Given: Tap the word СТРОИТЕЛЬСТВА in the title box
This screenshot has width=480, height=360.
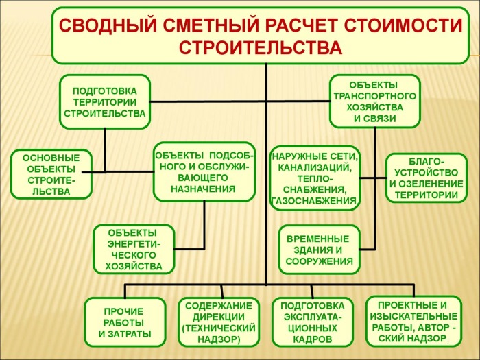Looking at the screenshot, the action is (261, 48).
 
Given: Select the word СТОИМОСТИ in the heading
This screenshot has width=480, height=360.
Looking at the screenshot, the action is (403, 26).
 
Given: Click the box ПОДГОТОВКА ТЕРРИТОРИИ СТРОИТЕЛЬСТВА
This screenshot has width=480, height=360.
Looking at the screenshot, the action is (105, 102).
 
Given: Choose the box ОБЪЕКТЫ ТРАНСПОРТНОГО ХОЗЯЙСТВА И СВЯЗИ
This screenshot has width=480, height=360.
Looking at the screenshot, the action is (374, 101).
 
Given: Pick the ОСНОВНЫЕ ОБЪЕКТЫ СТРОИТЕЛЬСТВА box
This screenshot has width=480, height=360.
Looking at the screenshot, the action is (51, 174).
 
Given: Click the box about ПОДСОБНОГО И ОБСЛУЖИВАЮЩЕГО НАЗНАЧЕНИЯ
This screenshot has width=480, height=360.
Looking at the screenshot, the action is (204, 171).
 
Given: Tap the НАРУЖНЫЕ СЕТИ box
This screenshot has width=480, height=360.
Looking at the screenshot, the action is (315, 178).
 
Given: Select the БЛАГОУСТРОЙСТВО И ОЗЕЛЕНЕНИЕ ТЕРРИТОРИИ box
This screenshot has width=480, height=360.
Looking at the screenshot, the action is (426, 178).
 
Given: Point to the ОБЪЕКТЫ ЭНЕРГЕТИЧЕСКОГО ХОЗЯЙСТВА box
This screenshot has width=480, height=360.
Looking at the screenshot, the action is (134, 249).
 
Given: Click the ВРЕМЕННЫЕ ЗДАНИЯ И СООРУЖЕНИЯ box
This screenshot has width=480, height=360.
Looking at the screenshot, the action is (319, 250).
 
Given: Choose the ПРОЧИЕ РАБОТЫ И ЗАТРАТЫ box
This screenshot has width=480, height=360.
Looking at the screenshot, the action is (125, 322).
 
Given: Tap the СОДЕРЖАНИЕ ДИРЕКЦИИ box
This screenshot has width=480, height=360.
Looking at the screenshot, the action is (219, 322).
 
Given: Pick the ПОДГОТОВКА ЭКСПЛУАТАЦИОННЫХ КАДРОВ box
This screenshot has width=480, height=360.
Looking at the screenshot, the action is (313, 322).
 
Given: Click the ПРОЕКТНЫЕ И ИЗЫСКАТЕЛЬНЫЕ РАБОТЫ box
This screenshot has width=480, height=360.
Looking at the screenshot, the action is (413, 321).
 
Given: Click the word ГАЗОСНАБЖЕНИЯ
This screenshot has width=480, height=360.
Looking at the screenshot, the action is (314, 201).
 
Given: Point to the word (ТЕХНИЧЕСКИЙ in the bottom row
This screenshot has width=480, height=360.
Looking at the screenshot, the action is (219, 328).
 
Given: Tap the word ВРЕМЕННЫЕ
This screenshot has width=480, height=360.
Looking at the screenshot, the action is (317, 239).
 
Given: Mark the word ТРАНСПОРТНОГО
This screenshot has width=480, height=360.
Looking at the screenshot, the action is (374, 96).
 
